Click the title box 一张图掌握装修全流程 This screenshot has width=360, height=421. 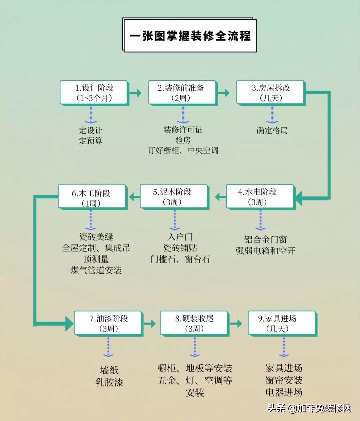tap(189, 35)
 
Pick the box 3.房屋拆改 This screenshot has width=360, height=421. tap(271, 93)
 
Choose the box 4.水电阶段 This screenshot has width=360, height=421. tap(261, 197)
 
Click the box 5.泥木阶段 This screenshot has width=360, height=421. tap(174, 197)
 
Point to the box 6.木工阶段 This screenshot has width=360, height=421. tap(93, 197)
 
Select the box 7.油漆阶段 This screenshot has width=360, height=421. tap(108, 324)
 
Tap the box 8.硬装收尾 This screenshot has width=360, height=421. tap(194, 324)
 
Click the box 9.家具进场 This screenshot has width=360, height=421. tap(283, 324)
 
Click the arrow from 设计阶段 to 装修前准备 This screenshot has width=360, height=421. tap(135, 93)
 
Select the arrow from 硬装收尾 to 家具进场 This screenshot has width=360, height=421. tap(236, 323)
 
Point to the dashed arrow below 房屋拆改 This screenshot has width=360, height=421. tap(272, 115)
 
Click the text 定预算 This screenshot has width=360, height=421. tap(91, 141)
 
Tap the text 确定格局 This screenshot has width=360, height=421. tap(272, 130)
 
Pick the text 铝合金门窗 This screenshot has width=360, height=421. tap(265, 239)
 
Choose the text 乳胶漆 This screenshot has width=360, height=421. tap(109, 382)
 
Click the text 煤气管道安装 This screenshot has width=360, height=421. tap(96, 270)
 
